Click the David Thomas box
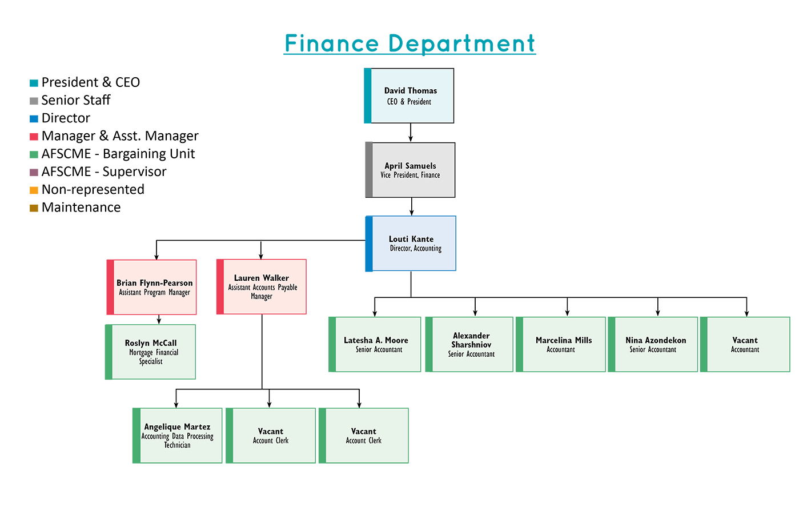(x=412, y=95)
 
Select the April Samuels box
(x=413, y=170)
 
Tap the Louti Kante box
(x=413, y=243)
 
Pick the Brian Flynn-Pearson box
(x=155, y=287)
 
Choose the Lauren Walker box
(x=264, y=286)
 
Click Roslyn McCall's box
(x=153, y=352)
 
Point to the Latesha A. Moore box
(x=378, y=344)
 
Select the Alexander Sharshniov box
(x=472, y=344)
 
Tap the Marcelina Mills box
(x=564, y=344)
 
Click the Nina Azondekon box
(x=656, y=344)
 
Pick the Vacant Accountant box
(x=748, y=344)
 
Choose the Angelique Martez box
(x=180, y=435)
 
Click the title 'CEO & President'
(x=409, y=102)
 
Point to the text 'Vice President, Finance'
(x=410, y=175)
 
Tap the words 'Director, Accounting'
(x=415, y=248)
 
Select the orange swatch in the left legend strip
(x=35, y=190)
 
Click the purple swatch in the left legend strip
(x=35, y=172)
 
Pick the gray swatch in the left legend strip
(x=35, y=101)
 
